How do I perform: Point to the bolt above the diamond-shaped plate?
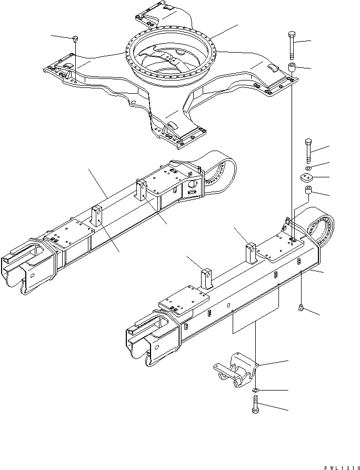point(308,150)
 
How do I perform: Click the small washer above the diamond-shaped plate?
point(308,167)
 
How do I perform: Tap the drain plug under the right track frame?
point(301,307)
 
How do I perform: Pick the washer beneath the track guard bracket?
point(255,390)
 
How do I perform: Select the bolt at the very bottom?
point(255,406)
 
